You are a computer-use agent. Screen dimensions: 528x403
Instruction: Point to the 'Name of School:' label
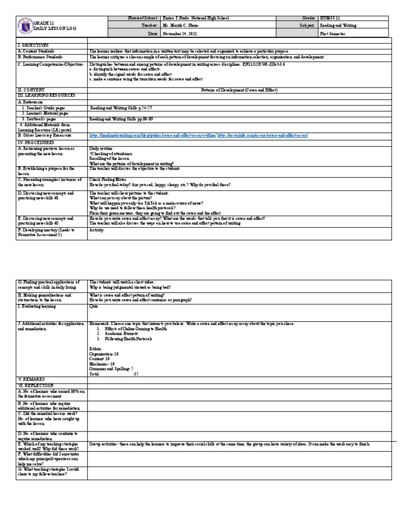144,18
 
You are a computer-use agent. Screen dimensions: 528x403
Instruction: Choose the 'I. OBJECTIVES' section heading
33,46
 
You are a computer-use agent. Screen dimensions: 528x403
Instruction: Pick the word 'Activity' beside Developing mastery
97,229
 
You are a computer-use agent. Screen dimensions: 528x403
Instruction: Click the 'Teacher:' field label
149,25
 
